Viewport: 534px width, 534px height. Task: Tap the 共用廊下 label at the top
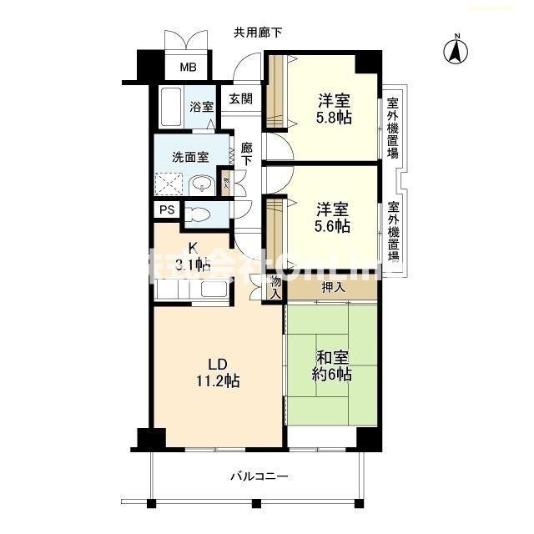tap(257, 33)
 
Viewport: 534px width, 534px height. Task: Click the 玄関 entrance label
tap(241, 98)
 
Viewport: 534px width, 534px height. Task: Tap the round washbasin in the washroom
tap(201, 184)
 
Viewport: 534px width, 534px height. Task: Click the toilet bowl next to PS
tap(194, 212)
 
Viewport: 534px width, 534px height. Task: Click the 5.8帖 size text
tap(334, 118)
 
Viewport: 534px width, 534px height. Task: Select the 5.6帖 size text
tap(332, 225)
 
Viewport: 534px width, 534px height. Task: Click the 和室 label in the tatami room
tap(334, 357)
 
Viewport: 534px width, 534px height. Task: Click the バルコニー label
tap(259, 476)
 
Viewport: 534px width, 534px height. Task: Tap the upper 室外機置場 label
tap(392, 128)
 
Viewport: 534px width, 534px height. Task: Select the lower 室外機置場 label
tap(392, 231)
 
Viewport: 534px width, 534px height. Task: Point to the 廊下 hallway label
tap(247, 154)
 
